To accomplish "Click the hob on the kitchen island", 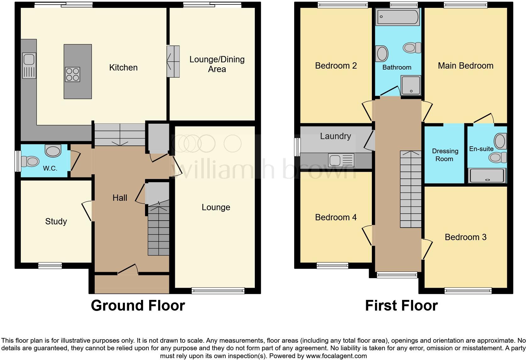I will [x=73, y=75].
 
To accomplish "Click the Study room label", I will [x=56, y=222].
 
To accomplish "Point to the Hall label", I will [x=120, y=198].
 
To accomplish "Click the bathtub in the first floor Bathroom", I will [x=398, y=17].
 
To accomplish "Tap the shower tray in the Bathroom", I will [x=411, y=85].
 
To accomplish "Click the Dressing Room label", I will [x=445, y=155].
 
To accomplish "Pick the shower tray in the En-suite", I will [x=487, y=176].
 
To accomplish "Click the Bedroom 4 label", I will [x=336, y=217].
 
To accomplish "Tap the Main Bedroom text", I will [x=466, y=66].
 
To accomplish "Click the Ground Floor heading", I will [x=138, y=306].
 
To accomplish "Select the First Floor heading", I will [x=401, y=306].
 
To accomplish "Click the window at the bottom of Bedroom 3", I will [x=468, y=291].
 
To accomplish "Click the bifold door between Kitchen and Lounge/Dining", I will [x=173, y=61].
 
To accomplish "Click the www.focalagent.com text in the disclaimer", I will [x=336, y=356].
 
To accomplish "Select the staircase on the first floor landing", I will [x=411, y=189].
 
